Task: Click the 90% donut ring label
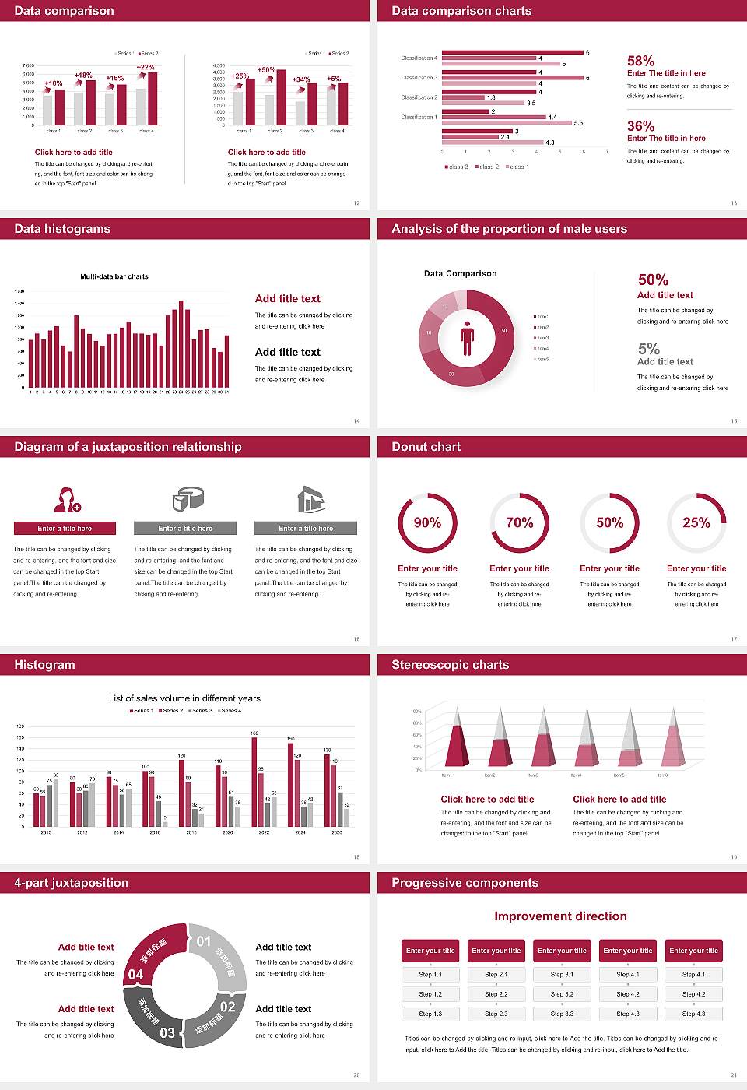click(x=427, y=522)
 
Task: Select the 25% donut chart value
click(x=696, y=522)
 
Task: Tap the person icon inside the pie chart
click(x=467, y=338)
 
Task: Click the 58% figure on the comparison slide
click(x=640, y=61)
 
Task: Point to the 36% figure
click(x=640, y=126)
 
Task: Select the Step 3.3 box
click(x=562, y=1013)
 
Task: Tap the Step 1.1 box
click(x=430, y=974)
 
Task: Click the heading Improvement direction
click(x=560, y=916)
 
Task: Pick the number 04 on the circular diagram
click(x=135, y=974)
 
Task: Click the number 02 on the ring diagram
click(x=227, y=1007)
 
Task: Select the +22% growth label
click(x=146, y=67)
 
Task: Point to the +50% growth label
click(x=266, y=69)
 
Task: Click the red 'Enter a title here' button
click(x=65, y=528)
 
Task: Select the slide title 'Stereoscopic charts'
click(x=450, y=665)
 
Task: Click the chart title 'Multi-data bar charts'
click(x=114, y=276)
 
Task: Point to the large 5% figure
click(x=648, y=349)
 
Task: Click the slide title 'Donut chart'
click(x=426, y=447)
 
